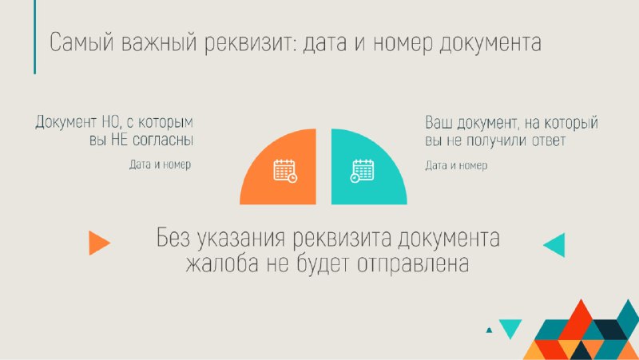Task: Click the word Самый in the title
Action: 81,42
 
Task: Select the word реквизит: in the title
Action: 250,43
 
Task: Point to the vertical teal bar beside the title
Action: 34,37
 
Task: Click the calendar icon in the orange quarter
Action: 285,171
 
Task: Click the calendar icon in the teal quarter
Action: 362,171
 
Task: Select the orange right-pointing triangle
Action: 99,243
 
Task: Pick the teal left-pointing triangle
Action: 554,245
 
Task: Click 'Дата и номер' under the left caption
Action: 161,164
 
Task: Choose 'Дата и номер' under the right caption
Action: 456,165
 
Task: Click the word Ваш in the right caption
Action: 439,123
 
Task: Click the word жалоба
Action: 222,263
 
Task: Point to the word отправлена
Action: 413,264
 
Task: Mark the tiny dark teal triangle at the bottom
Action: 489,330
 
